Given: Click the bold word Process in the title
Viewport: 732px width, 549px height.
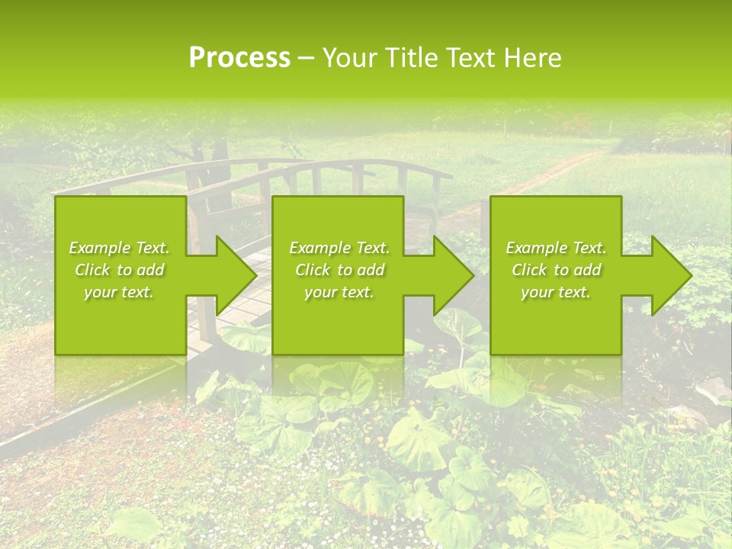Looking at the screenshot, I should click(239, 58).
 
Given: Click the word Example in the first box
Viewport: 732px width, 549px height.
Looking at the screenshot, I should click(99, 248).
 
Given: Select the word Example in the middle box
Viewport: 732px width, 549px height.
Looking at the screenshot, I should click(319, 248).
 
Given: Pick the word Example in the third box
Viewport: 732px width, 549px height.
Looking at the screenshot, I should click(536, 248).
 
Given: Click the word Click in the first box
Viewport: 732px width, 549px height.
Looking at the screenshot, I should click(92, 270).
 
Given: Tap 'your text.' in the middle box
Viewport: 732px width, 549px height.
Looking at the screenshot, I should click(339, 292).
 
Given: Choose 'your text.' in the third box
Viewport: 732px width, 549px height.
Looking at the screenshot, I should click(555, 292).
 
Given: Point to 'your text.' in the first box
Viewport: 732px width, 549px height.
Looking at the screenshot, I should click(118, 292).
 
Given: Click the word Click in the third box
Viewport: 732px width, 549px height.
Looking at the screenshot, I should click(529, 270).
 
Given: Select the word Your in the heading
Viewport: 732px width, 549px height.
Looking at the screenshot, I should click(349, 58).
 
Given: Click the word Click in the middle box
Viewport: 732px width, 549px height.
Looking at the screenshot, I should click(313, 270).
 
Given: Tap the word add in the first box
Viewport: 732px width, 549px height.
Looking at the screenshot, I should click(150, 270).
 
